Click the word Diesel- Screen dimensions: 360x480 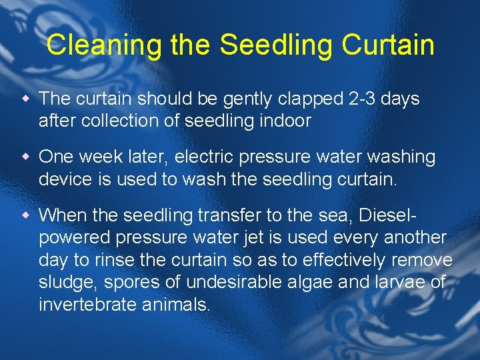tap(387, 215)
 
